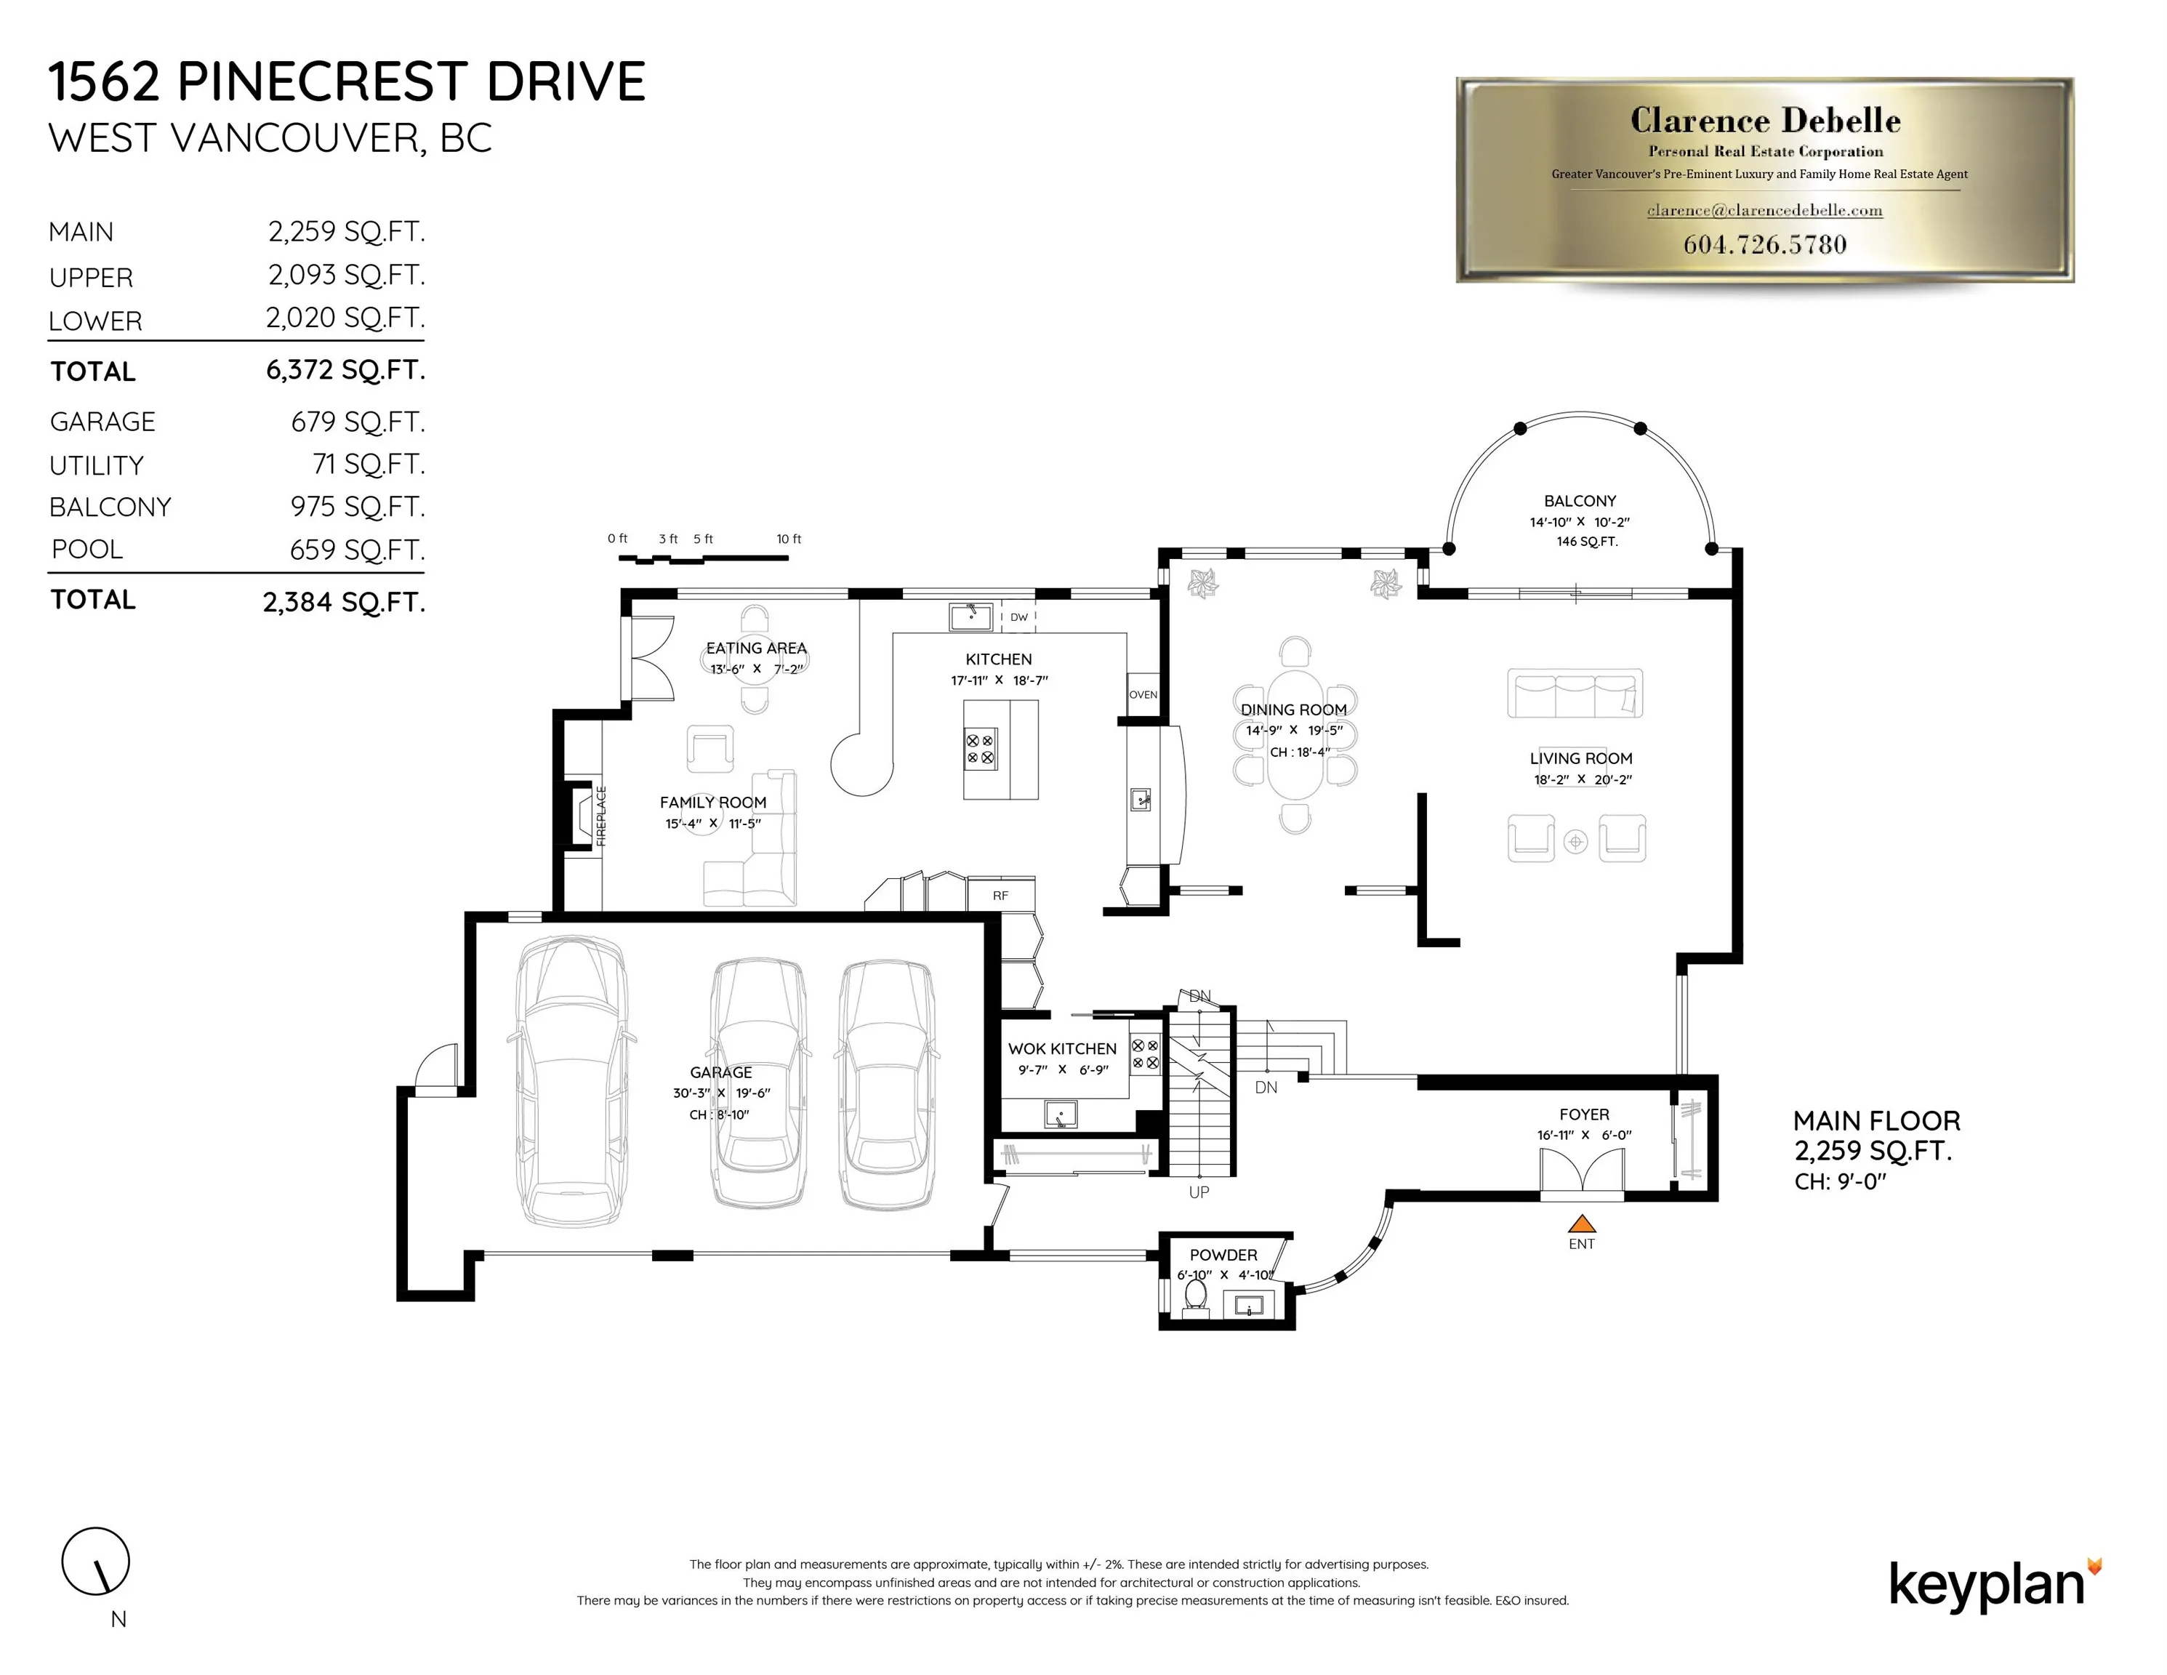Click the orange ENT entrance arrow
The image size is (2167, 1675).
(1582, 1224)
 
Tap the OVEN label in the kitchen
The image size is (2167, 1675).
(1143, 694)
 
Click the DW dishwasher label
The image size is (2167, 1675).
(1019, 617)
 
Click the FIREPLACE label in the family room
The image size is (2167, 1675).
(601, 816)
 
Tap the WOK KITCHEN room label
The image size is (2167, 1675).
(1061, 1049)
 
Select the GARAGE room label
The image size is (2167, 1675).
(720, 1072)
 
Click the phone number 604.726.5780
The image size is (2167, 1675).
(1764, 245)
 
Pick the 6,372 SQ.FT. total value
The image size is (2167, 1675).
(345, 370)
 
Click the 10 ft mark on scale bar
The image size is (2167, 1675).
(789, 539)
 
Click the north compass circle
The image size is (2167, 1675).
(96, 1561)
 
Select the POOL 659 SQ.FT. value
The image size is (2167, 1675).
(356, 550)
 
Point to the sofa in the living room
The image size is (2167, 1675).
(1575, 693)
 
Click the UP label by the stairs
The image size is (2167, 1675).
(1199, 1192)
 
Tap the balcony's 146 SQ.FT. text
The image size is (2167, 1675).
(1587, 542)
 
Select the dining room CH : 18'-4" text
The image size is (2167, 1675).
(1300, 752)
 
